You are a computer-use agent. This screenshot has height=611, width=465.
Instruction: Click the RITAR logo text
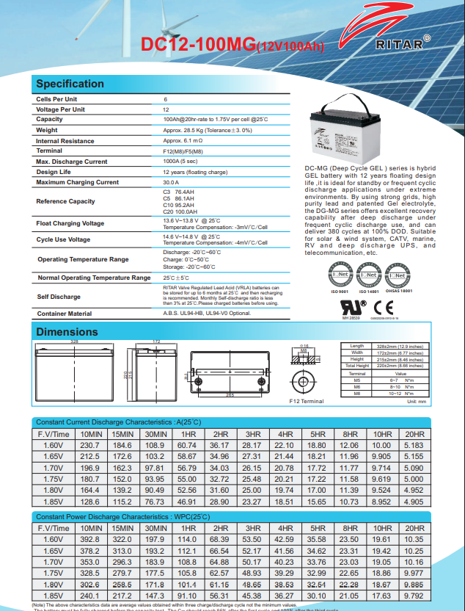pos(399,44)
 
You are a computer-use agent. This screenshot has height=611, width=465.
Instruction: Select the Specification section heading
pos(70,84)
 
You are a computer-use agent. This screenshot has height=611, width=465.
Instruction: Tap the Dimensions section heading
pos(67,332)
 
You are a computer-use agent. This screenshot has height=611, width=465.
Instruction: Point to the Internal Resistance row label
pos(65,140)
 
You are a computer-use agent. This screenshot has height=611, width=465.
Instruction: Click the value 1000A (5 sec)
pos(180,161)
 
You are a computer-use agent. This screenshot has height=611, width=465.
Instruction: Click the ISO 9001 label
pos(340,292)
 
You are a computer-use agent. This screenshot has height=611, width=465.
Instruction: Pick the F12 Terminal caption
pos(306,402)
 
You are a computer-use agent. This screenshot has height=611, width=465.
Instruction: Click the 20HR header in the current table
pos(414,435)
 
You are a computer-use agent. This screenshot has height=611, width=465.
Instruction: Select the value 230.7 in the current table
pos(89,445)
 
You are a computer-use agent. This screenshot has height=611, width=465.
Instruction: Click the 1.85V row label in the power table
pos(54,596)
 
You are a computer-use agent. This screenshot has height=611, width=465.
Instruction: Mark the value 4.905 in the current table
pos(414,502)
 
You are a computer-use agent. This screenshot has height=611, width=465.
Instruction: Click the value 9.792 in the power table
pos(414,596)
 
